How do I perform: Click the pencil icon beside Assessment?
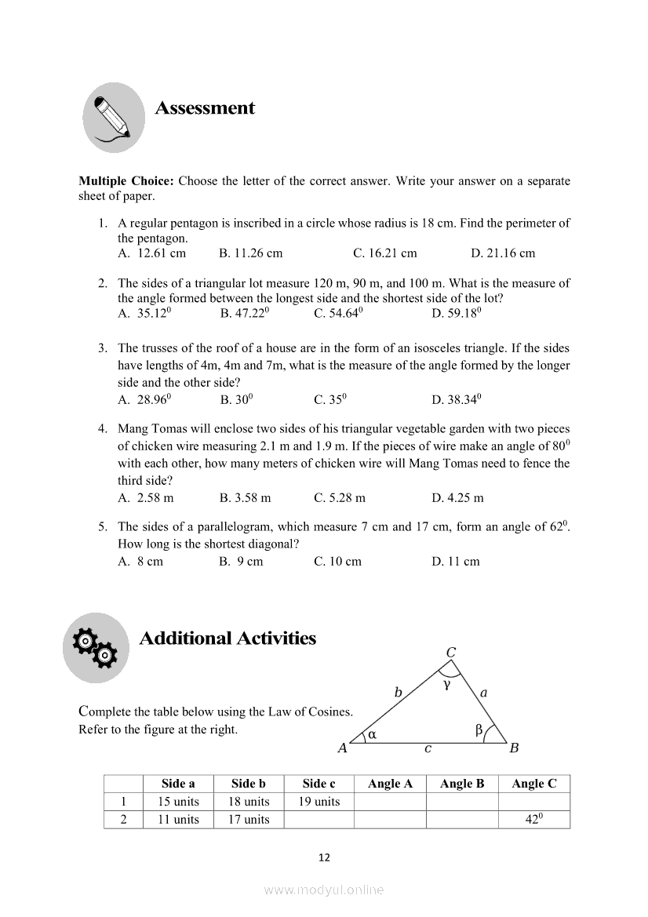tap(114, 118)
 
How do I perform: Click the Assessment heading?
tap(205, 108)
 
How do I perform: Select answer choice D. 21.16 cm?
tap(503, 253)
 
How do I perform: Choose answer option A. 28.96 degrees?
tap(145, 399)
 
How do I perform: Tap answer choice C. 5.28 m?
tap(340, 498)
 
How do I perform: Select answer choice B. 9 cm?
tap(242, 562)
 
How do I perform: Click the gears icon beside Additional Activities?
tap(96, 648)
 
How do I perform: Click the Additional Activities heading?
tap(228, 639)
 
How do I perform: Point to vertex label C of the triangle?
tap(451, 653)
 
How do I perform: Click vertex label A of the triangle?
tap(342, 748)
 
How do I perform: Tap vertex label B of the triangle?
tap(514, 748)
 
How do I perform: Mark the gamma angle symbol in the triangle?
tap(446, 685)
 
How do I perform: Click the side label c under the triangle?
tap(428, 749)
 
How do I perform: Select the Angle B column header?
tap(462, 784)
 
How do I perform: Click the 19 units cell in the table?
tap(319, 802)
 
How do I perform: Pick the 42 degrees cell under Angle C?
tap(534, 820)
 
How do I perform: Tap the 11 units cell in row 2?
tap(178, 820)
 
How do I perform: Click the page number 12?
tap(324, 857)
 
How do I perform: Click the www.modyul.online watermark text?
tap(324, 890)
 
